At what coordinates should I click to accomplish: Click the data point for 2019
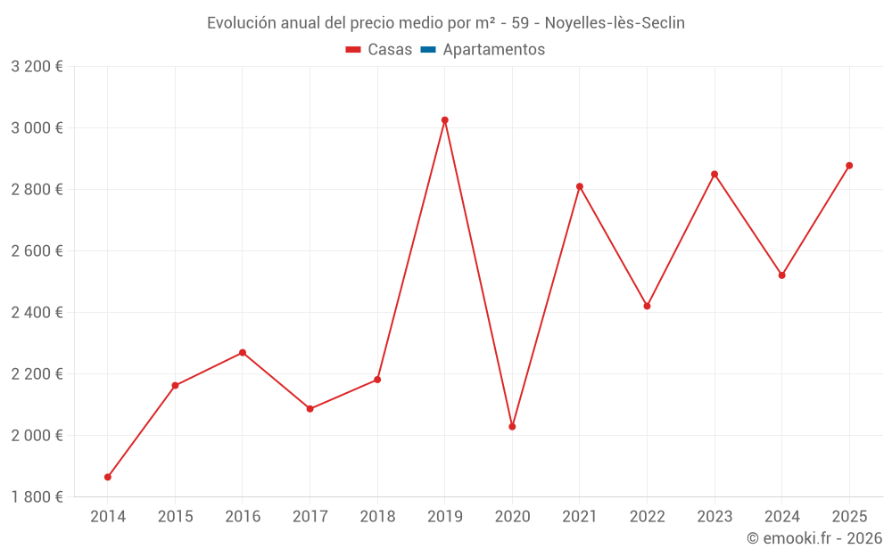point(444,120)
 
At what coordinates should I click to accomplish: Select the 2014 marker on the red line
point(108,477)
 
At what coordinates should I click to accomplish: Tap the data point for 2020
point(512,427)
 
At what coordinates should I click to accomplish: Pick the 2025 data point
point(849,166)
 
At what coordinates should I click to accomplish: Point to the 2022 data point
point(647,306)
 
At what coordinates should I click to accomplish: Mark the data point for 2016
point(243,353)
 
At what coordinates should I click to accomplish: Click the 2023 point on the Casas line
point(714,174)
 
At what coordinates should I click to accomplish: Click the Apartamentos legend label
point(493,50)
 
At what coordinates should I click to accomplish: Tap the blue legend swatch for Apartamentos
point(428,50)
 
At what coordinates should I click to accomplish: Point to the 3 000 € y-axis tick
point(37,128)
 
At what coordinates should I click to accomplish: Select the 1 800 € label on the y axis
point(37,497)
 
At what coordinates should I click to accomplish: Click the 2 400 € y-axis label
point(37,313)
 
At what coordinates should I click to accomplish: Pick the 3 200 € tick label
point(37,67)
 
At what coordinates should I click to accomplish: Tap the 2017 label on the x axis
point(310,517)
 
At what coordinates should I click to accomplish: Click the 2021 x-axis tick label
point(579,517)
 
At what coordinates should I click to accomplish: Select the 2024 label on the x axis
point(781,517)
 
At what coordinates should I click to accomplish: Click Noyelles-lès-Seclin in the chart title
point(615,23)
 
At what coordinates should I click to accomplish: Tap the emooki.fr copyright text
point(814,538)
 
